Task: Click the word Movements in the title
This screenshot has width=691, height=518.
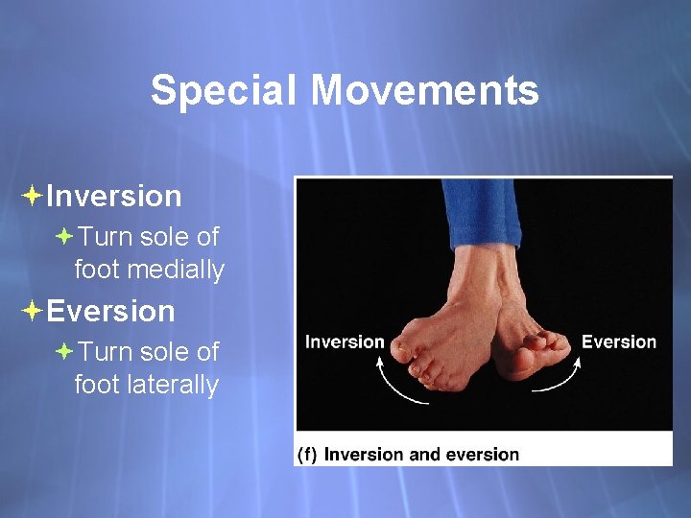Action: click(424, 91)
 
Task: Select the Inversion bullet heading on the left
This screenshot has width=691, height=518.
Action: click(113, 197)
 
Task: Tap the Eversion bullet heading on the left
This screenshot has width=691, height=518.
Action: click(110, 312)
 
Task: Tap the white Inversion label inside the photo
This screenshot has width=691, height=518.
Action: click(345, 342)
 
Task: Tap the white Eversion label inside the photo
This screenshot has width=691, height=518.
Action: click(618, 342)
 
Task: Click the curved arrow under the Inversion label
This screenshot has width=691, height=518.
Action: click(393, 384)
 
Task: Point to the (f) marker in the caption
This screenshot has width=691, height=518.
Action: click(307, 455)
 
